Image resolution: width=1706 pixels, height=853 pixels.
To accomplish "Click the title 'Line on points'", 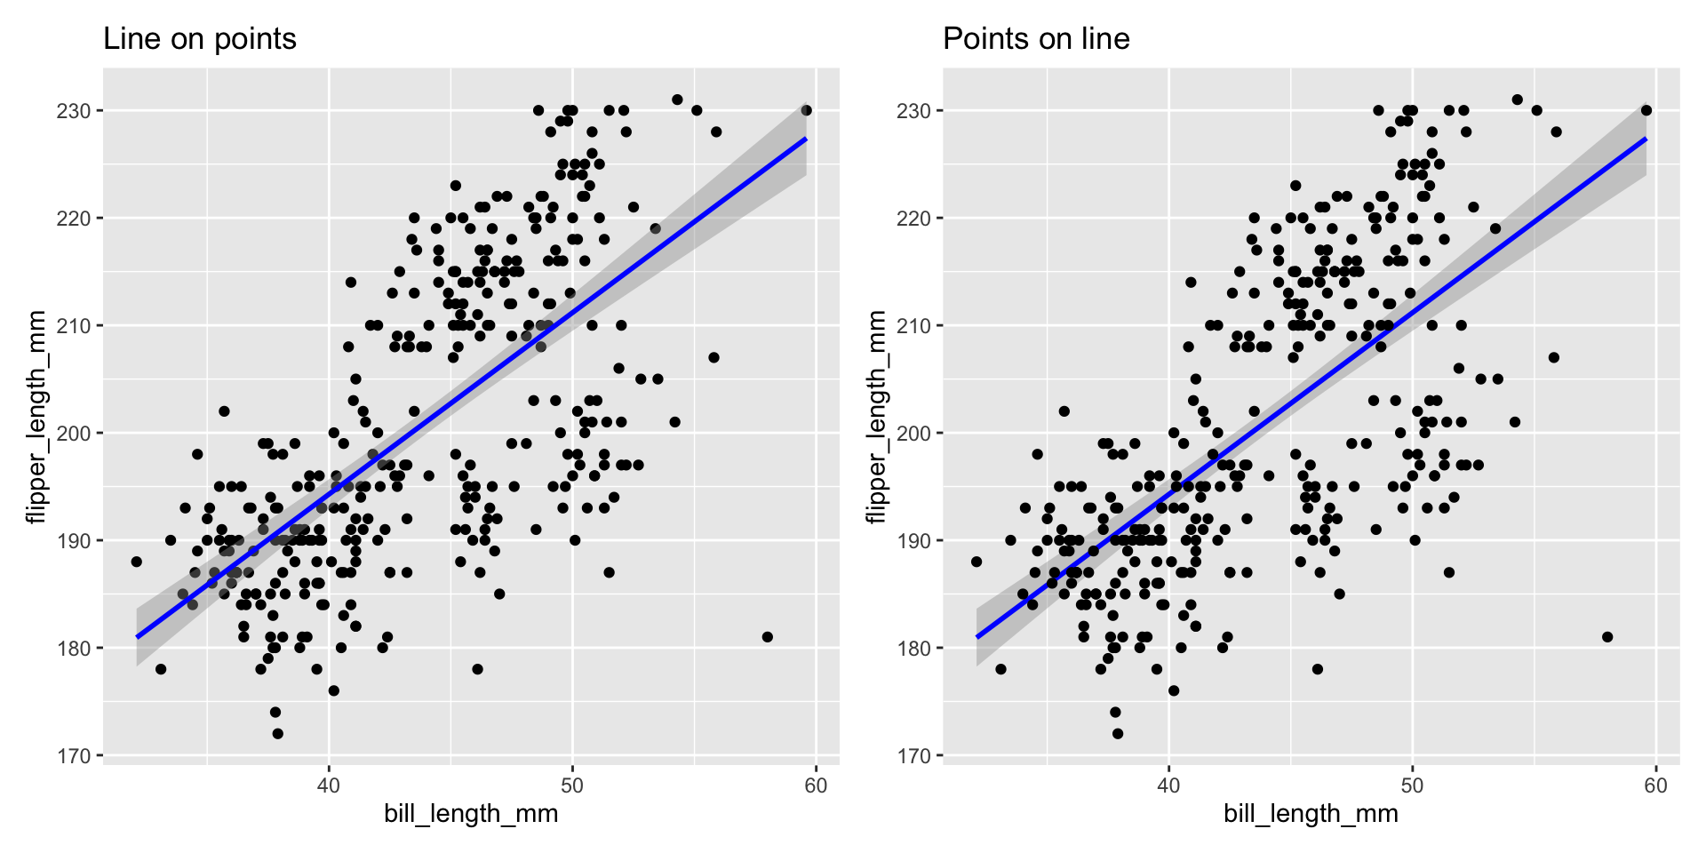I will (200, 39).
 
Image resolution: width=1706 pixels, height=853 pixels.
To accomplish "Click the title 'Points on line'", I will (1036, 39).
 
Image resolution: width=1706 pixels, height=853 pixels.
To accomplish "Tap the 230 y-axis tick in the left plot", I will (76, 111).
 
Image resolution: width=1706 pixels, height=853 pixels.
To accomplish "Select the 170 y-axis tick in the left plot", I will (76, 756).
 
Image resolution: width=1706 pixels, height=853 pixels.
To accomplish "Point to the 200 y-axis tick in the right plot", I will (915, 434).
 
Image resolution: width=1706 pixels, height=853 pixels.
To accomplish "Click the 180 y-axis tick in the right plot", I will (915, 649).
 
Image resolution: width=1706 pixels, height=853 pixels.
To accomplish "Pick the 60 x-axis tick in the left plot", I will (815, 785).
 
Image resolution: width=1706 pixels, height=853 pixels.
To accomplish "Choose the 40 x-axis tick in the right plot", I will (1168, 785).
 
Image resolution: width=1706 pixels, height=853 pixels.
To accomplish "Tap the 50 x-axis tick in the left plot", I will (572, 785).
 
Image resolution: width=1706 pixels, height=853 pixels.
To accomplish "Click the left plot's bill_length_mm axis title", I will (471, 814).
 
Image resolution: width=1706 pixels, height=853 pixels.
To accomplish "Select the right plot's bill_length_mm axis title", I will (1311, 814).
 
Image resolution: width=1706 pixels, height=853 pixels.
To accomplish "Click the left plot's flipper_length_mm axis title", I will (36, 417).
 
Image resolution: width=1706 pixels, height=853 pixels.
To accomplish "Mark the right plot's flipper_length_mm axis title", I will (876, 417).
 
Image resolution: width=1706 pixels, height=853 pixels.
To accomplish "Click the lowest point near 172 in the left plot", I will (277, 734).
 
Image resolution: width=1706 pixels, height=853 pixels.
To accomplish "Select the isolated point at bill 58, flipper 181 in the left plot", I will (767, 637).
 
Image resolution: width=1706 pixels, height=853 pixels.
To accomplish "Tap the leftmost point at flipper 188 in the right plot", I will (977, 562).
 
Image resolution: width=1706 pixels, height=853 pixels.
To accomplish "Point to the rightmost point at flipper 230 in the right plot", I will (1646, 110).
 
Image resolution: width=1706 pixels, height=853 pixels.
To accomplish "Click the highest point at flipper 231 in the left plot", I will (677, 100).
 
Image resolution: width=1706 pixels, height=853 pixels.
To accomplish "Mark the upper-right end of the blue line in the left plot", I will (805, 139).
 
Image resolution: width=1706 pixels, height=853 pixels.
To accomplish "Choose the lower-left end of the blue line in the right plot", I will (977, 636).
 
